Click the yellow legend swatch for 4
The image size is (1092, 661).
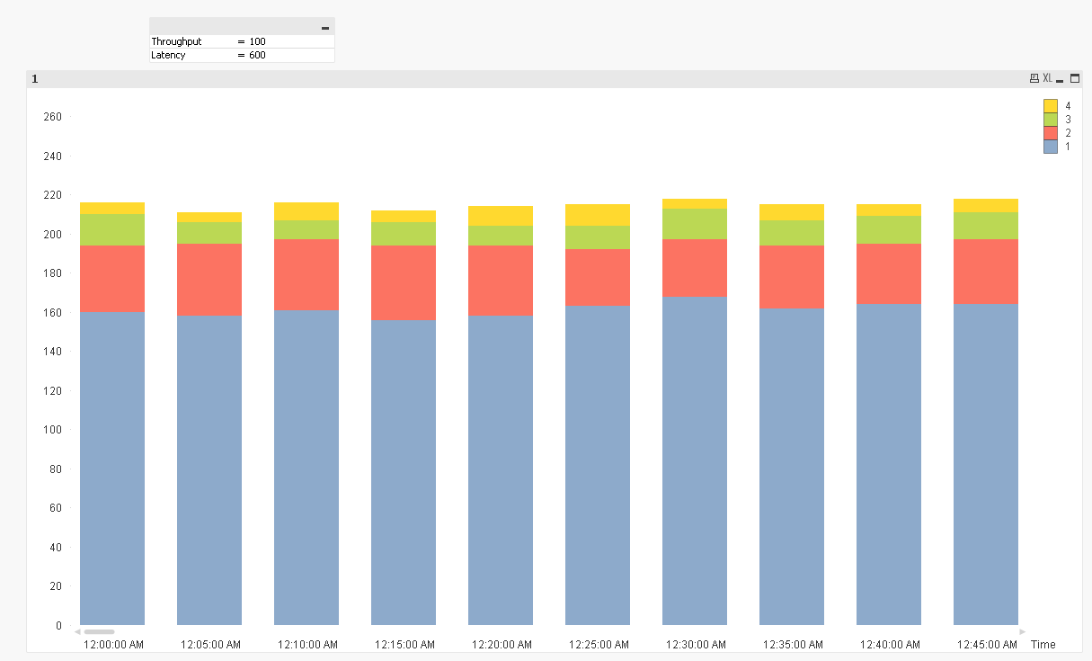pos(1050,105)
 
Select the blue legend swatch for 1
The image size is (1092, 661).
pos(1050,147)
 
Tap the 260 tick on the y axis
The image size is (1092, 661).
pos(52,117)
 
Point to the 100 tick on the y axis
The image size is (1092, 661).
pos(52,430)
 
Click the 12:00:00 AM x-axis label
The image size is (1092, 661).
pos(113,645)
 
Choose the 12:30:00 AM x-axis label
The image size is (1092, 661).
pos(696,645)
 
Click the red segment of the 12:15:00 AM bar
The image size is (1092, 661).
pos(404,282)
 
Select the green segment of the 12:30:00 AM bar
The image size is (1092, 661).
pos(695,223)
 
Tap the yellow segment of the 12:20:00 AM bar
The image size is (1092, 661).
pos(501,216)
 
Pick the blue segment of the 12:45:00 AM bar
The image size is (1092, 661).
pos(986,463)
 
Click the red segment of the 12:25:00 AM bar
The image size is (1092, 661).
pos(598,277)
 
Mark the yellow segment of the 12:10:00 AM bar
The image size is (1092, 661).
pos(306,211)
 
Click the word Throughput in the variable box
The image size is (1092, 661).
pos(176,41)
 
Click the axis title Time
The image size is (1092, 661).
pos(1043,645)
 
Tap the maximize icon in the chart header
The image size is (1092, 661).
pos(1074,79)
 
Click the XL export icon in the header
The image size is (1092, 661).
pos(1047,79)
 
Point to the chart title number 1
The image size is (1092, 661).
pos(35,79)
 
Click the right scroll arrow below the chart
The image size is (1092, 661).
pos(1022,631)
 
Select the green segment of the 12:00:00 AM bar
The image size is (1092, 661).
pos(112,229)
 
